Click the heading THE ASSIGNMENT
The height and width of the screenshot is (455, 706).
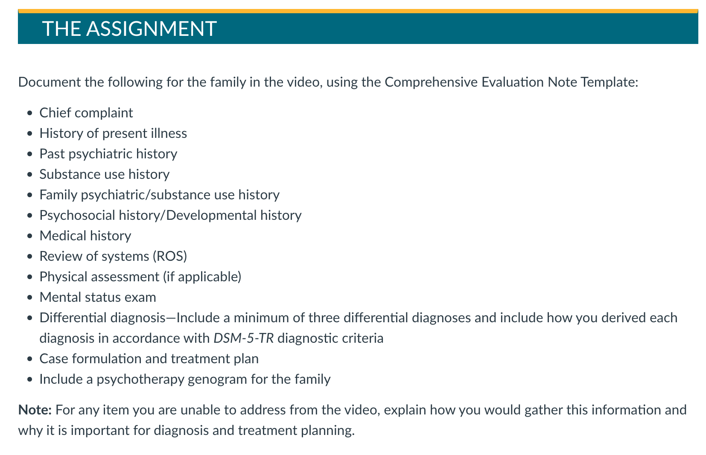(129, 29)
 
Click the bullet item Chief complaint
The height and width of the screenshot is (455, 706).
(86, 113)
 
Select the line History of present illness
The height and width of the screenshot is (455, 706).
(113, 134)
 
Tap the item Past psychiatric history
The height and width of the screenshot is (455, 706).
(108, 154)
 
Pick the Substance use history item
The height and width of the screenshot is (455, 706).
(104, 175)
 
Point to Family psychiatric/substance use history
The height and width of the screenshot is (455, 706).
(160, 195)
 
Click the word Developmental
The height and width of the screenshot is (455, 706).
(211, 216)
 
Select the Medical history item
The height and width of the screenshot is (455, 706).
(85, 236)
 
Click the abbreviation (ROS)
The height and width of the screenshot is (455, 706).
(170, 257)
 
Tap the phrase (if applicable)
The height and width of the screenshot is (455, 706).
(202, 277)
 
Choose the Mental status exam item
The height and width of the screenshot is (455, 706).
(98, 297)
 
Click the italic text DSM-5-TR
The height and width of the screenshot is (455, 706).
(244, 338)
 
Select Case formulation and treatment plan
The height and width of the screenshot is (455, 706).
(149, 359)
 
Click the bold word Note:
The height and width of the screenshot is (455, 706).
(35, 410)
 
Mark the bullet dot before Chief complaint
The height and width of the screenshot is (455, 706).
(30, 114)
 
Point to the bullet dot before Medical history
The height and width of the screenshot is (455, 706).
(30, 236)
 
